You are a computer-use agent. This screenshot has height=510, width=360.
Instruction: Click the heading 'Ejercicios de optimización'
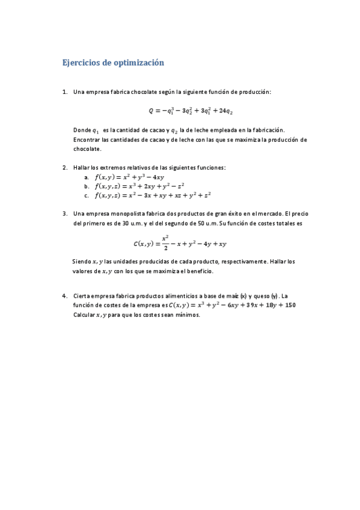coord(114,63)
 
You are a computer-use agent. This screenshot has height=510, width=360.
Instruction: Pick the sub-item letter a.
coord(87,177)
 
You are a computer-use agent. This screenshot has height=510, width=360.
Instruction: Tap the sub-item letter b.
coord(87,186)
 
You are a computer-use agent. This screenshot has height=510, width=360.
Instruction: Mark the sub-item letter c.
coord(87,195)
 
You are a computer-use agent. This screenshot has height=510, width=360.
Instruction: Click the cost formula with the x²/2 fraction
coord(179,243)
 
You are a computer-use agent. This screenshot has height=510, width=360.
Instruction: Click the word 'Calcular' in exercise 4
coord(85,315)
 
